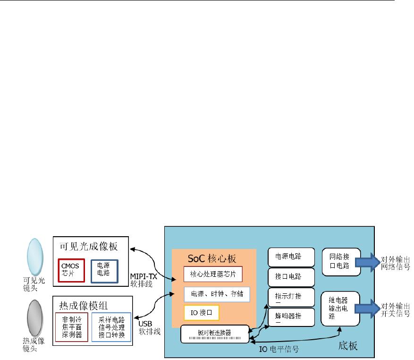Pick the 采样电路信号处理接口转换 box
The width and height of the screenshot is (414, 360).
pos(112,326)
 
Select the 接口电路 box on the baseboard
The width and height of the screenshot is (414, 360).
pos(291,276)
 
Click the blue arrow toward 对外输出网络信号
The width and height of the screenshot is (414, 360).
pos(371,261)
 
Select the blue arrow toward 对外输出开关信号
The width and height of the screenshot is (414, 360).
pos(371,308)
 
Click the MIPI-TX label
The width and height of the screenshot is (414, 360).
pos(144,277)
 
